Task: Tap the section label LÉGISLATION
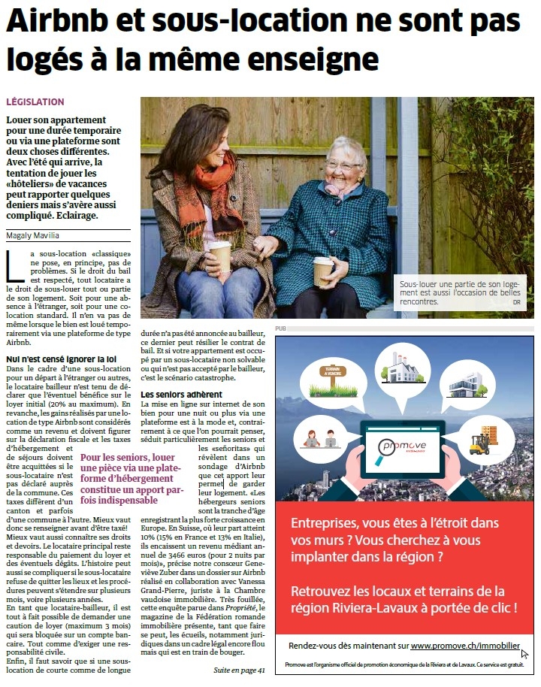pyautogui.click(x=35, y=101)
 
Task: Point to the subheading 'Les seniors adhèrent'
pyautogui.click(x=181, y=394)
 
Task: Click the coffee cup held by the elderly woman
pyautogui.click(x=323, y=270)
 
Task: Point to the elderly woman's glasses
pyautogui.click(x=343, y=165)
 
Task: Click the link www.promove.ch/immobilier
pyautogui.click(x=465, y=645)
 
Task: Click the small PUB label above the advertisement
pyautogui.click(x=281, y=328)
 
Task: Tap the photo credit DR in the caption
pyautogui.click(x=516, y=302)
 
